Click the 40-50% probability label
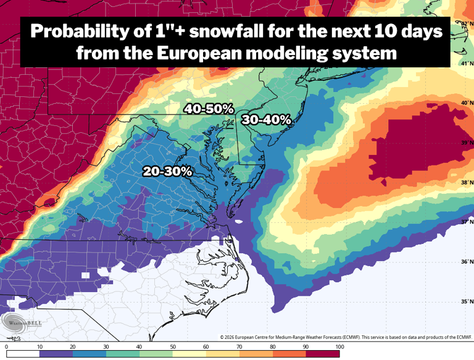coord(209,109)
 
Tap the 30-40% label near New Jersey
coord(266,120)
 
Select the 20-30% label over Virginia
coord(167,171)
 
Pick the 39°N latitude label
coord(467,142)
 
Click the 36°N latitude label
coord(467,262)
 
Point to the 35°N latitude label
coord(467,301)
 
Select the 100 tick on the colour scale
coord(339,347)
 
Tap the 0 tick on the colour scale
coord(6,347)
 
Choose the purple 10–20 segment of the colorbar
coord(56,354)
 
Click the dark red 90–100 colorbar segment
coord(322,354)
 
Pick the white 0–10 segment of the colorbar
coord(23,354)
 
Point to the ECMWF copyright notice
coord(346,337)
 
